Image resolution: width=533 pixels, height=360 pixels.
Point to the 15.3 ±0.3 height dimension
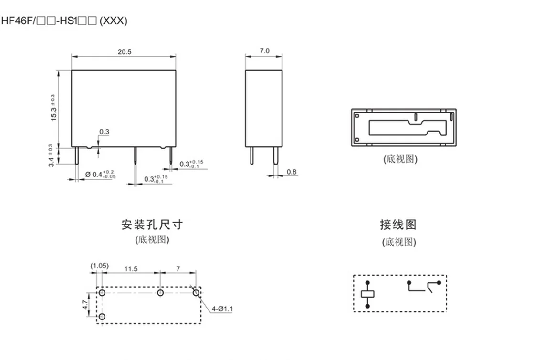(x=53, y=108)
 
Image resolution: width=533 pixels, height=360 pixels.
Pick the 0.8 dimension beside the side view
(x=292, y=172)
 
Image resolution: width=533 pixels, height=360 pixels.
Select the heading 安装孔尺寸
(x=152, y=224)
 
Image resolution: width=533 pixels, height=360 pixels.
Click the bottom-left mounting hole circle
(x=101, y=317)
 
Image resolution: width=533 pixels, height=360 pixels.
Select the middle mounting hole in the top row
(x=161, y=292)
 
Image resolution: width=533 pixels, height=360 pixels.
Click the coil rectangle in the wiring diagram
(x=367, y=294)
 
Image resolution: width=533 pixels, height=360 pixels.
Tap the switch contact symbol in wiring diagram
(x=424, y=287)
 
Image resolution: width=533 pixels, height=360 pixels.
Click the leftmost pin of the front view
(x=77, y=156)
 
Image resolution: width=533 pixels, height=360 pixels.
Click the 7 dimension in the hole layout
(x=178, y=269)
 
